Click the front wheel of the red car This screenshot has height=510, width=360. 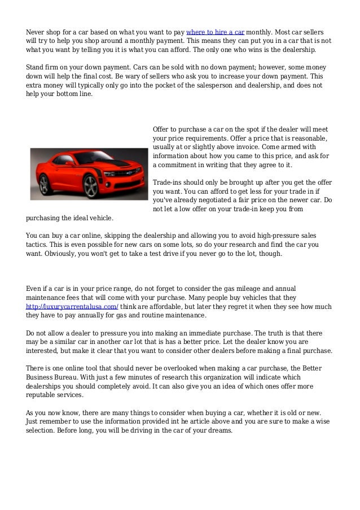click(90, 185)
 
